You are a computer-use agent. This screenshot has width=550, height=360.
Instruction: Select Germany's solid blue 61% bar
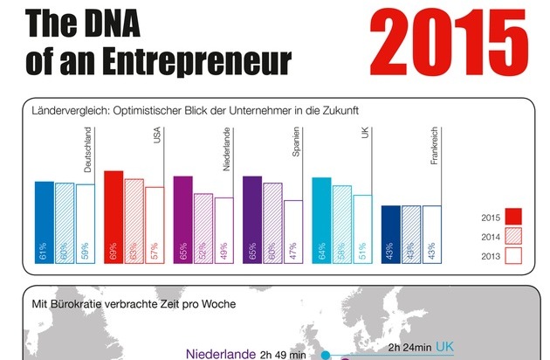click(44, 222)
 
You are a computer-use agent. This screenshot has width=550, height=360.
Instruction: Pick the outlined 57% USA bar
click(155, 225)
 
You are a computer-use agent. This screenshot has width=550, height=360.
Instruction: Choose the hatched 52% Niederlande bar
click(203, 228)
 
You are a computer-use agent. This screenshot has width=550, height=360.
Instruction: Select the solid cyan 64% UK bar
click(321, 220)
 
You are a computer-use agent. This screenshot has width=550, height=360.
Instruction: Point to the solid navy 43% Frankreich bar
click(390, 234)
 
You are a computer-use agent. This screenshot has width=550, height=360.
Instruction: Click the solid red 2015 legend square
click(512, 217)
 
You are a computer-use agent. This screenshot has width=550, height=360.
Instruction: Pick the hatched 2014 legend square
click(512, 236)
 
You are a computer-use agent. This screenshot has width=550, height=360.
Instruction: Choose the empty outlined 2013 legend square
click(512, 255)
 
